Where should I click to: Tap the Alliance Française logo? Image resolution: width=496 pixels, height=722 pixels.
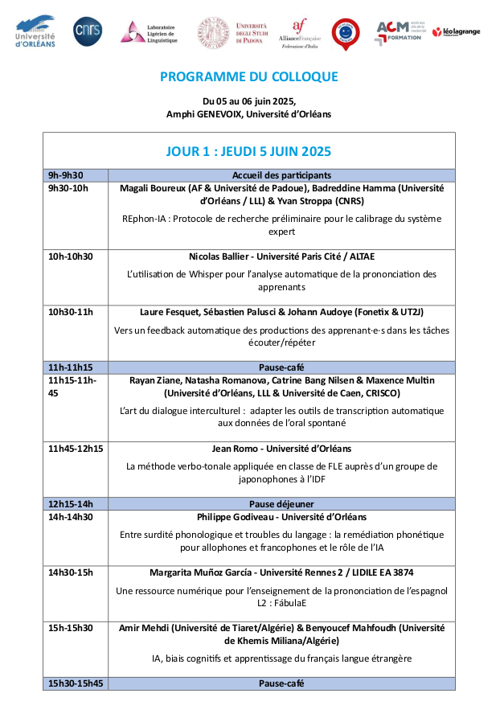[300, 32]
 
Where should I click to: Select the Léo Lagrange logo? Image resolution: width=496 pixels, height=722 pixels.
[456, 31]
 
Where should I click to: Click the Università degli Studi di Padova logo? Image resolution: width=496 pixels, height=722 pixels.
[234, 31]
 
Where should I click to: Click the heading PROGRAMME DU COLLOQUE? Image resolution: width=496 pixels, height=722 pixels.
[248, 77]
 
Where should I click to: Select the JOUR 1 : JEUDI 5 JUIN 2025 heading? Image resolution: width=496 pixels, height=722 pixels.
[248, 151]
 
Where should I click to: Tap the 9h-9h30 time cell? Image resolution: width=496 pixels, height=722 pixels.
[66, 175]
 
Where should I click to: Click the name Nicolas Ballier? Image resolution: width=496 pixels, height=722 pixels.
[223, 256]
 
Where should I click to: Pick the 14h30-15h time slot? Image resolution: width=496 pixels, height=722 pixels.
[71, 572]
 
